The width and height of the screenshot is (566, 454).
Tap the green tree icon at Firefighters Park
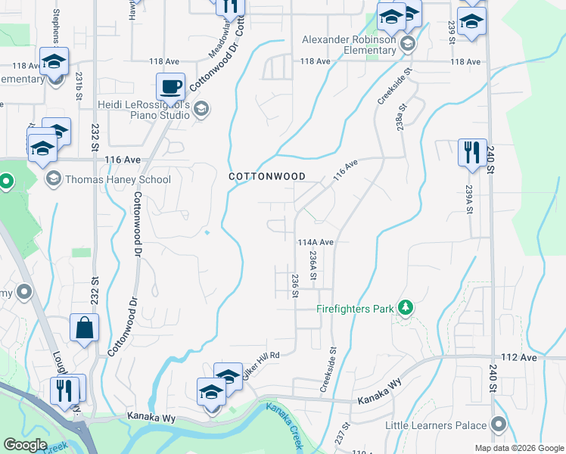tap(406, 308)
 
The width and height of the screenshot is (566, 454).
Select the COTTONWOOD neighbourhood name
tap(268, 176)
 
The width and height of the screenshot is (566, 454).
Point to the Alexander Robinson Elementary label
tap(349, 45)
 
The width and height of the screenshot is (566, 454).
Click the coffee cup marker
tap(171, 87)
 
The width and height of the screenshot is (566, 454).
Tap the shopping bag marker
tap(84, 328)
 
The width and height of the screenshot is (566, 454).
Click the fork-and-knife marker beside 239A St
tap(472, 153)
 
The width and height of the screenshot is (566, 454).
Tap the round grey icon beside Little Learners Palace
tap(498, 424)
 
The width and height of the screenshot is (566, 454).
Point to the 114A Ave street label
tap(316, 242)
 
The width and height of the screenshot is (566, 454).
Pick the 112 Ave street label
tap(518, 357)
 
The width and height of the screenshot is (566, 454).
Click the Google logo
tap(26, 445)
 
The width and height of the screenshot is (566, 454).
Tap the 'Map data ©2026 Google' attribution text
tap(518, 448)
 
